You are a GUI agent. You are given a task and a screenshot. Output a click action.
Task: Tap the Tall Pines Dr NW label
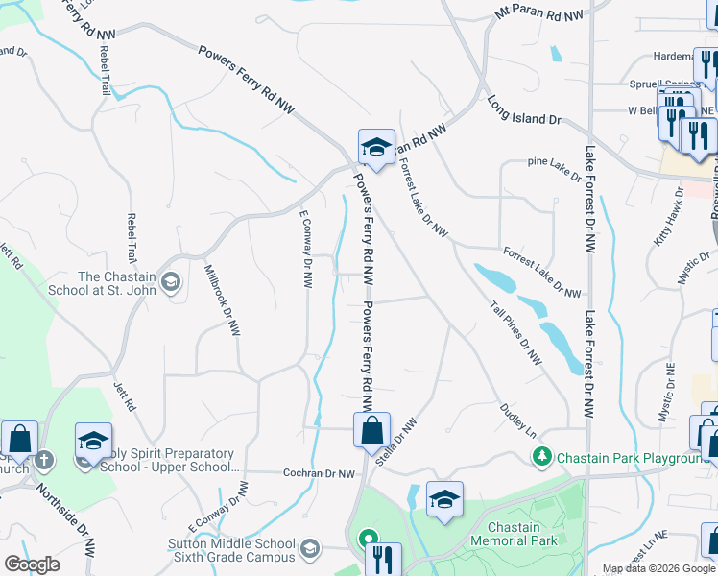tap(515, 333)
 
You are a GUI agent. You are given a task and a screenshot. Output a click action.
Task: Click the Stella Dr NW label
tap(396, 442)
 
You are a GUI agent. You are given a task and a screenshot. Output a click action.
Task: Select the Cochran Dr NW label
tap(321, 473)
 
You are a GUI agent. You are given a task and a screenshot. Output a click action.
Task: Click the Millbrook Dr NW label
tap(221, 300)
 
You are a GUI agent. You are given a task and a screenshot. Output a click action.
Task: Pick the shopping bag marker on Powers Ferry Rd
tap(371, 430)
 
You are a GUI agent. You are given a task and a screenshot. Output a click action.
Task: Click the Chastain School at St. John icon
tap(171, 281)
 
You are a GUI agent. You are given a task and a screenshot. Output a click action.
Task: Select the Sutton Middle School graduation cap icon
tap(309, 548)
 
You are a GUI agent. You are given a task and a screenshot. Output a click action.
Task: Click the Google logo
tap(33, 564)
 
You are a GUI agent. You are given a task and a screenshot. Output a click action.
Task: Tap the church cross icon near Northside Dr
tap(43, 459)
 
